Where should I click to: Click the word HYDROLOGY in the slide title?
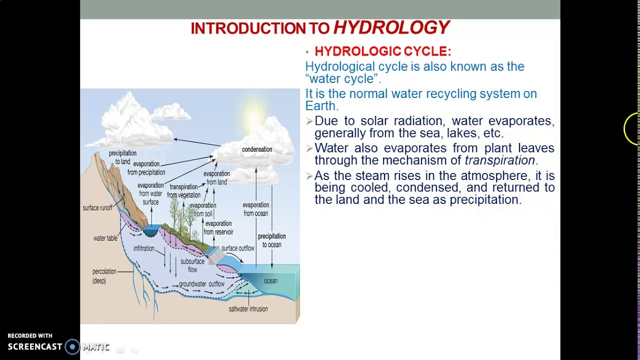[391, 27]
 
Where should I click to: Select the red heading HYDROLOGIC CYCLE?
[382, 51]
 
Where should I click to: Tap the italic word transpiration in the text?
[499, 160]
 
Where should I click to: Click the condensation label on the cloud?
[257, 149]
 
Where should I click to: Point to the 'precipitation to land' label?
[122, 157]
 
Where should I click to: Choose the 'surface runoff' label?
[97, 208]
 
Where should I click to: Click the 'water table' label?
[105, 238]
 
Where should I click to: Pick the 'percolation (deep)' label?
[104, 276]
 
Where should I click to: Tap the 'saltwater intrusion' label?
[248, 309]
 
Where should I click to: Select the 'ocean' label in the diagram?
[270, 281]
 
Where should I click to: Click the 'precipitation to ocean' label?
[271, 240]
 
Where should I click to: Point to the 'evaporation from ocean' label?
[255, 209]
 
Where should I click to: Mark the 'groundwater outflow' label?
[201, 284]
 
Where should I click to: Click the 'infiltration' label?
[144, 248]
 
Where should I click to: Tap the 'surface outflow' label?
[238, 248]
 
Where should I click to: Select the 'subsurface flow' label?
[192, 265]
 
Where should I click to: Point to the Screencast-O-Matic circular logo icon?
[72, 346]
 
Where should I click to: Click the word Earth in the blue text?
[320, 106]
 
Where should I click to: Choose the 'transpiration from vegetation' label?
[183, 191]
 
